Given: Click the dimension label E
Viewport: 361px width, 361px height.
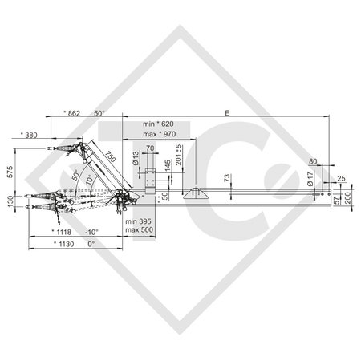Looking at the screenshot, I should tap(227, 116).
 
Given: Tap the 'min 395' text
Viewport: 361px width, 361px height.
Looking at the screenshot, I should tap(137, 219).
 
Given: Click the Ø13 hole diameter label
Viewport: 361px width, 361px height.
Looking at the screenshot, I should tap(137, 159).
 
